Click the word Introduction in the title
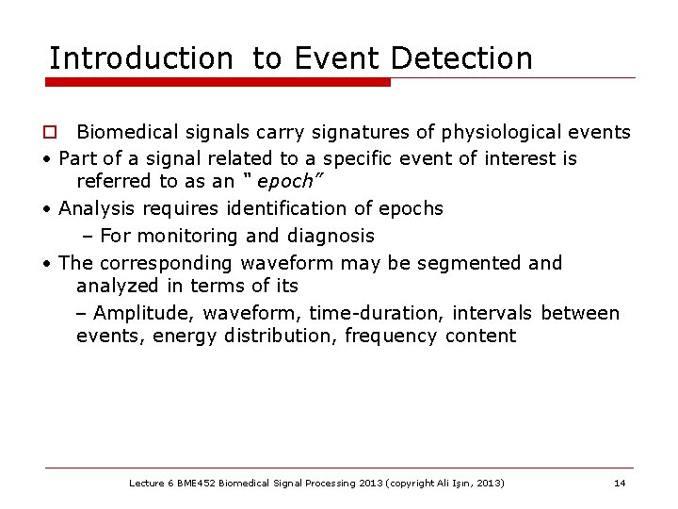tap(140, 58)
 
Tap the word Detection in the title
tap(460, 58)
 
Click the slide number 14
tap(620, 484)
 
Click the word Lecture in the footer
tap(146, 484)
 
